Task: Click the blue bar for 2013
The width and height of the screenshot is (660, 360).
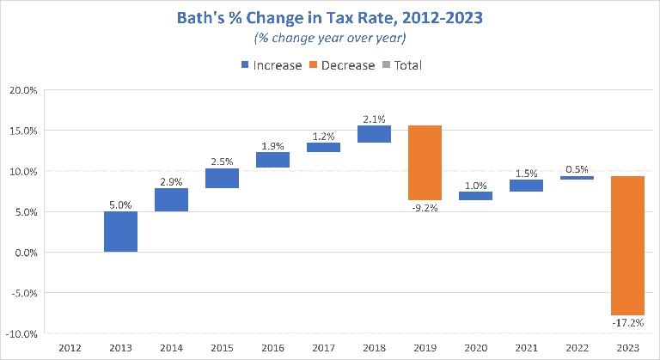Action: (120, 232)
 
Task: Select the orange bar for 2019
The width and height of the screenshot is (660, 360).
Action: (425, 162)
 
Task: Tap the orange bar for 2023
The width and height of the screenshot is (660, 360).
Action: (628, 246)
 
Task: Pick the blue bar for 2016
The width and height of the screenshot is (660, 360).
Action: (272, 160)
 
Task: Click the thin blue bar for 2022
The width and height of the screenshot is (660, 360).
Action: (577, 178)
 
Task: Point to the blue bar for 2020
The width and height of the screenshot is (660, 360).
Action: (476, 196)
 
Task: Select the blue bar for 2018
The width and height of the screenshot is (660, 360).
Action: (374, 134)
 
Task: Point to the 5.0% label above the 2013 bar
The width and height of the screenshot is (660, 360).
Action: (120, 204)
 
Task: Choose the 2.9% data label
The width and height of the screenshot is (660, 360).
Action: (171, 180)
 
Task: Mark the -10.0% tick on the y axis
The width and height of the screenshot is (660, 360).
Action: (22, 333)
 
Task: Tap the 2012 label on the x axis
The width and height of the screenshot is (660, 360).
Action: (70, 347)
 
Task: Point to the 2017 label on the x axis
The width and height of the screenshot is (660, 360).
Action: (323, 347)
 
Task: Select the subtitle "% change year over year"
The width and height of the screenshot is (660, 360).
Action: (329, 39)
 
